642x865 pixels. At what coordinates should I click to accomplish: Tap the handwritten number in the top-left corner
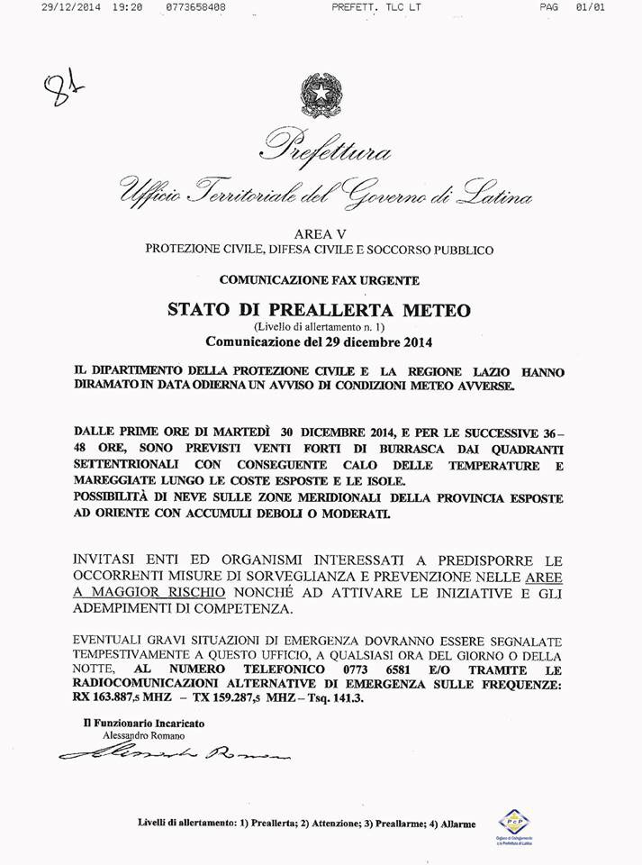pos(59,88)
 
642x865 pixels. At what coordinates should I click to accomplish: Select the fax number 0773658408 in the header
pos(195,6)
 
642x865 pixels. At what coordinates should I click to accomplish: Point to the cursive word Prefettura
pos(326,147)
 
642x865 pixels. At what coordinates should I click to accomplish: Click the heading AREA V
pos(319,233)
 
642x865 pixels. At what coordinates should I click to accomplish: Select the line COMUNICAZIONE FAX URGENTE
pos(319,280)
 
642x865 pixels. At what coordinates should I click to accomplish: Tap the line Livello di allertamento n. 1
pos(319,326)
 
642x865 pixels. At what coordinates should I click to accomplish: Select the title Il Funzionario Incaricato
pos(143,723)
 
